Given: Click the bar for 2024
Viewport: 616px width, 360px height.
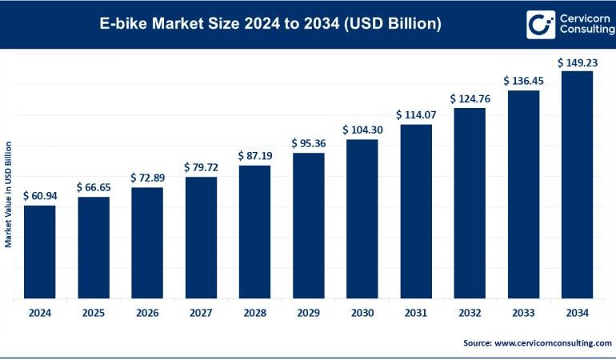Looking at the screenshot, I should point(39,252).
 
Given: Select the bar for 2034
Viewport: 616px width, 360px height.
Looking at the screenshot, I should point(577,185).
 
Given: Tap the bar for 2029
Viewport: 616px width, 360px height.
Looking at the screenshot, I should point(308,226).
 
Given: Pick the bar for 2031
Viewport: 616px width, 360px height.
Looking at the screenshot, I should point(416,211).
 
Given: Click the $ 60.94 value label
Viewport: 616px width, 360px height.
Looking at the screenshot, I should point(39,195).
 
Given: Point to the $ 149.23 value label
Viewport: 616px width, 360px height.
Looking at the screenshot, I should point(577,61).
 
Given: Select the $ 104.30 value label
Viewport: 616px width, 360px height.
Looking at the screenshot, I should point(362,130).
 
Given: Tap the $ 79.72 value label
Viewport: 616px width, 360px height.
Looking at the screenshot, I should point(201,166).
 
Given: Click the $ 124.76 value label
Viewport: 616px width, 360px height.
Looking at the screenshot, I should point(470,98).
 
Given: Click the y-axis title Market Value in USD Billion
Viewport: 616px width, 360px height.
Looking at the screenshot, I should point(8,194).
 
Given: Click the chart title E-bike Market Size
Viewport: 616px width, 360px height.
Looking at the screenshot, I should point(270,24).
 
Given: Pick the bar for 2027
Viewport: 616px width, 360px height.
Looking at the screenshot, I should point(201,238).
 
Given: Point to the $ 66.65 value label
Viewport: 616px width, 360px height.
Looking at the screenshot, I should point(93,186).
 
